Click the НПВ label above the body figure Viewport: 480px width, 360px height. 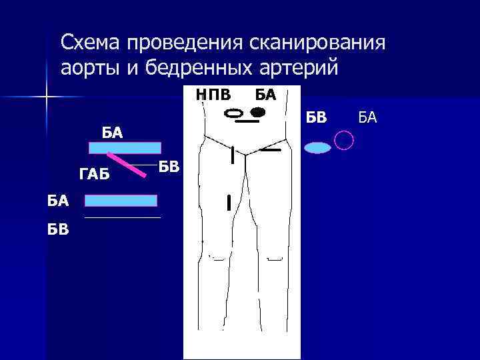coord(213,95)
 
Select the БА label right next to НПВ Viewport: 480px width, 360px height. coord(265,95)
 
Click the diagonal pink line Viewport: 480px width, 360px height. coord(127,164)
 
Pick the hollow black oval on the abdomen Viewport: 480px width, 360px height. coord(235,114)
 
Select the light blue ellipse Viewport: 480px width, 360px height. coord(318,148)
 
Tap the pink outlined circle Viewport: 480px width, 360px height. coord(343,140)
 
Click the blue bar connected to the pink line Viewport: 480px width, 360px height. coord(125,148)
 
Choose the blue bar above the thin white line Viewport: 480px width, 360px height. coord(121,200)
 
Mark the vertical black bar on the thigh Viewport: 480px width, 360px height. coord(229,202)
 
